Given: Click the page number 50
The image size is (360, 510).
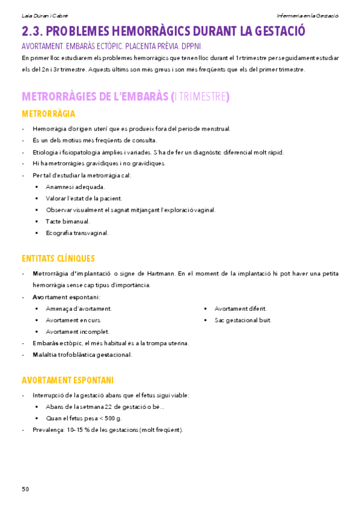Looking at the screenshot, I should tap(25, 489).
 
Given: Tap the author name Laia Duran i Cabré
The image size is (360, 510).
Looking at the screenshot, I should tap(40, 15).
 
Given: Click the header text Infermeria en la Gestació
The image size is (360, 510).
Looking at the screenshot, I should tap(308, 15).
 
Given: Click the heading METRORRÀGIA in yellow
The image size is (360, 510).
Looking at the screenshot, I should tap(48, 114).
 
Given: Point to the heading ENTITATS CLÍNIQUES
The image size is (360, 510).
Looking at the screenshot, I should tap(58, 259).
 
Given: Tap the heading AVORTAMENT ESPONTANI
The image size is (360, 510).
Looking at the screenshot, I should tap(67, 380).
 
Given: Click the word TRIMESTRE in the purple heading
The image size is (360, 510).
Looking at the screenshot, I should tap(202, 97).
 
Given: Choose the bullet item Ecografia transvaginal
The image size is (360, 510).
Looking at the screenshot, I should tap(77, 233).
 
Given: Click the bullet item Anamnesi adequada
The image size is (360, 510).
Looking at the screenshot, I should tap(75, 186).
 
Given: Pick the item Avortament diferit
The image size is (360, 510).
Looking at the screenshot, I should tap(240, 309).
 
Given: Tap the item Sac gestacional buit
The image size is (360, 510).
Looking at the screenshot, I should tap(243, 320).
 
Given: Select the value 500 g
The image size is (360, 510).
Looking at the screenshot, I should tap(113, 418).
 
